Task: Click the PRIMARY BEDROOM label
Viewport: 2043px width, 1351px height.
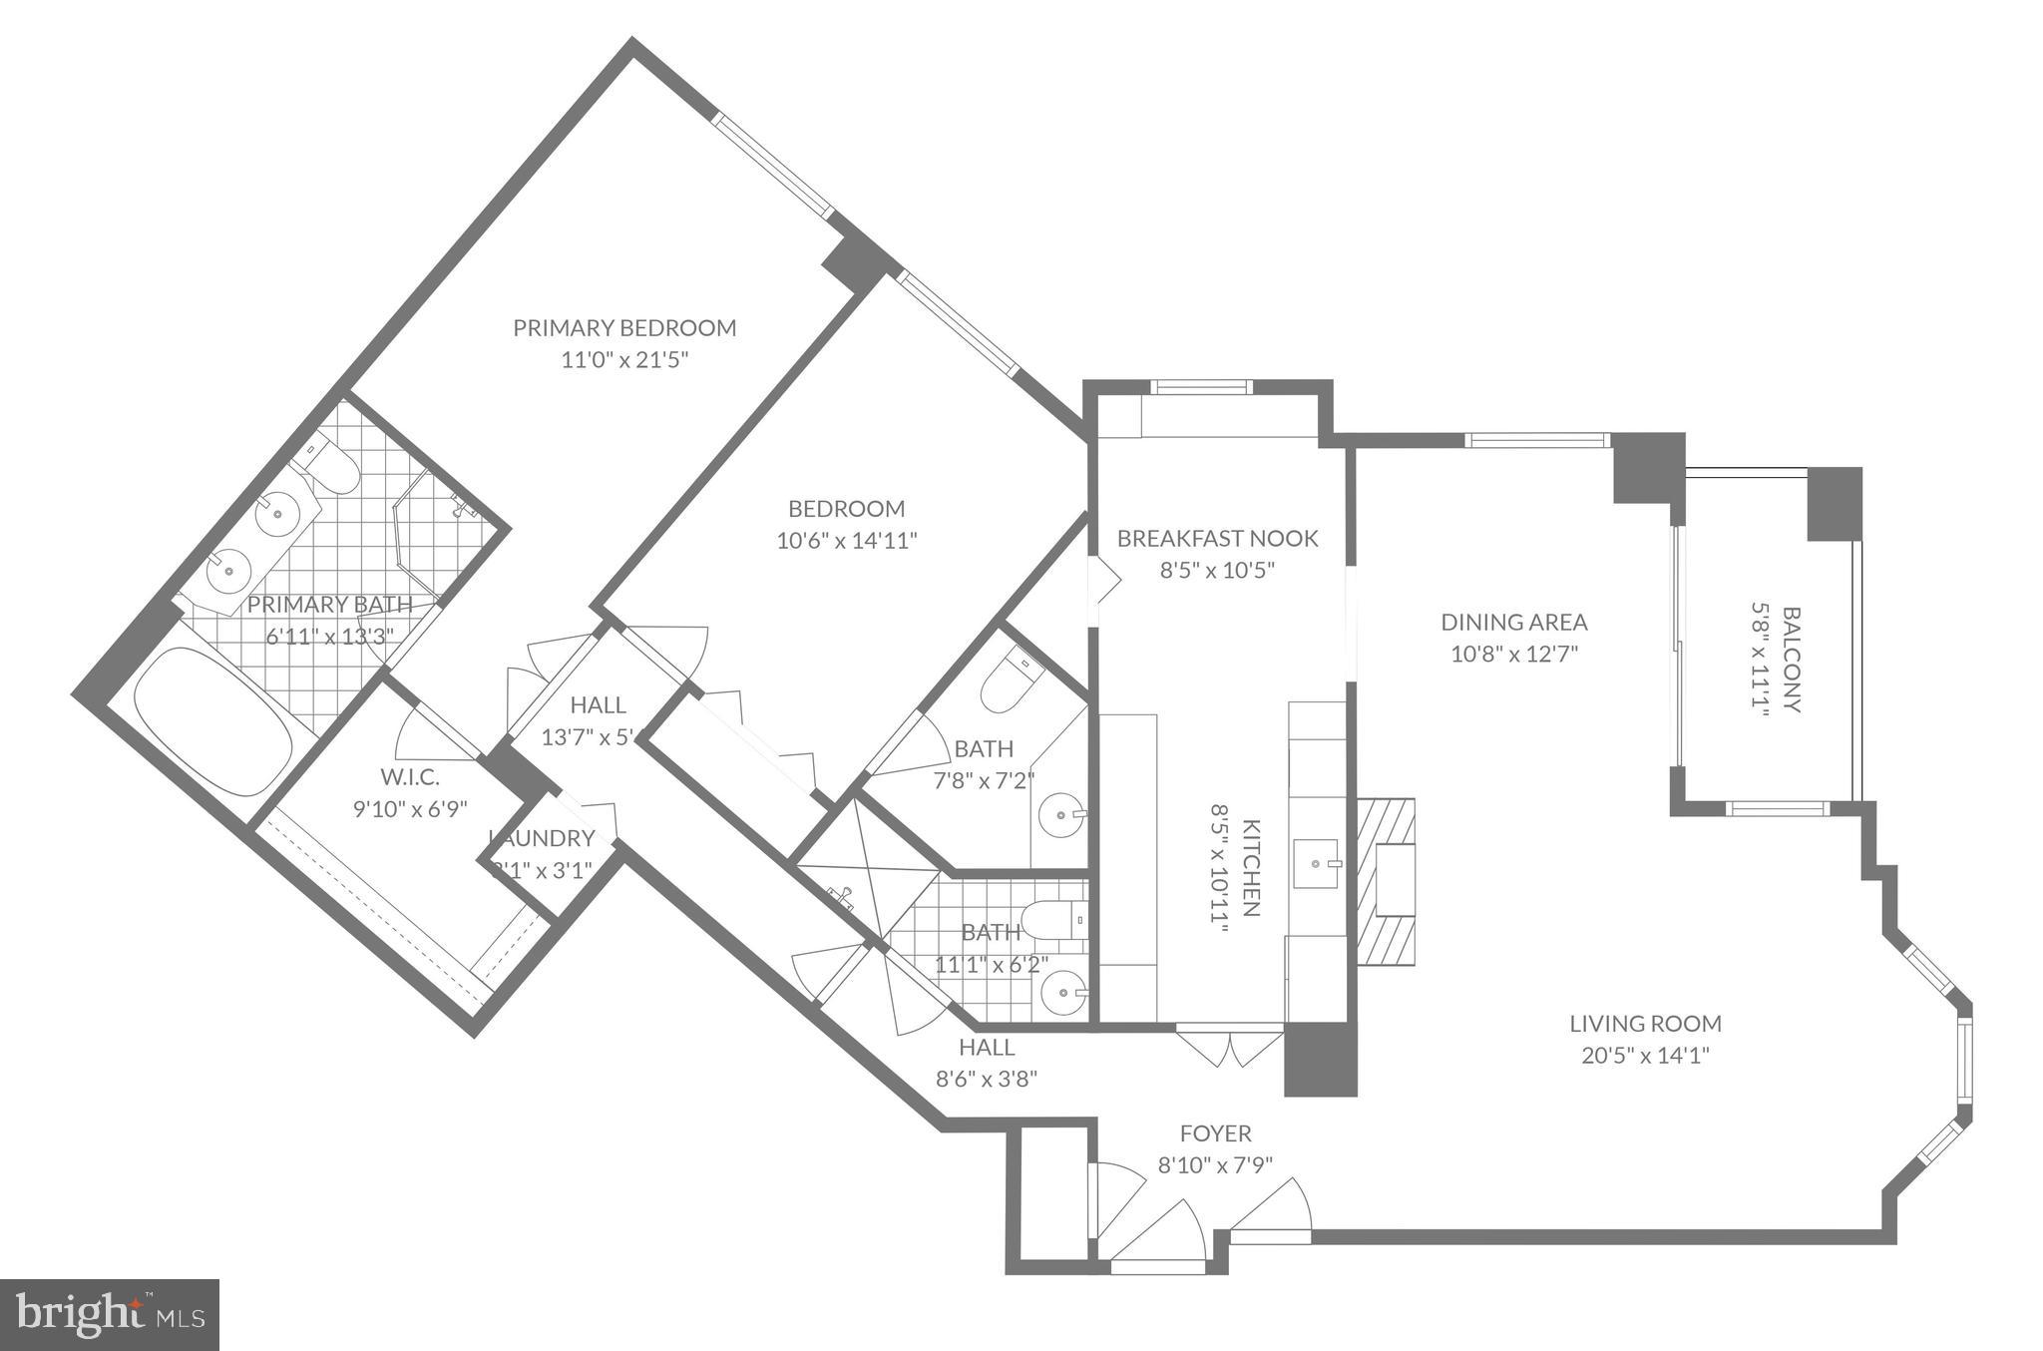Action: coord(624,328)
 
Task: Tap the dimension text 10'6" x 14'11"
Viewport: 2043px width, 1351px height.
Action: coord(847,541)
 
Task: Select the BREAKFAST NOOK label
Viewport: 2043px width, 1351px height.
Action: coord(1217,539)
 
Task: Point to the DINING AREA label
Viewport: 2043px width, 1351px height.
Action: coord(1513,623)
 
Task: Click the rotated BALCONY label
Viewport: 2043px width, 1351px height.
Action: coord(1792,659)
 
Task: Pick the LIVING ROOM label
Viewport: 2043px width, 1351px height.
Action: coord(1645,1023)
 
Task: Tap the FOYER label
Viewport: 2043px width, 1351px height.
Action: coord(1215,1133)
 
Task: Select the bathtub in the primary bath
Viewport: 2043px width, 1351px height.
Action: coord(212,721)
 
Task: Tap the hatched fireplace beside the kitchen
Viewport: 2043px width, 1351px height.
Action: coord(1386,879)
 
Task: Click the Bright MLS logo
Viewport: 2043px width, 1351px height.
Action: coord(110,1316)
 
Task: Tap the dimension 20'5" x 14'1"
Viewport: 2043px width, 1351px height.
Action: coord(1645,1056)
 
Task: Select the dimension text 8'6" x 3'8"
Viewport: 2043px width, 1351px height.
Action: coord(987,1079)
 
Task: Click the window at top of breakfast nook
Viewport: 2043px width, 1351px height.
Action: coord(1201,387)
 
